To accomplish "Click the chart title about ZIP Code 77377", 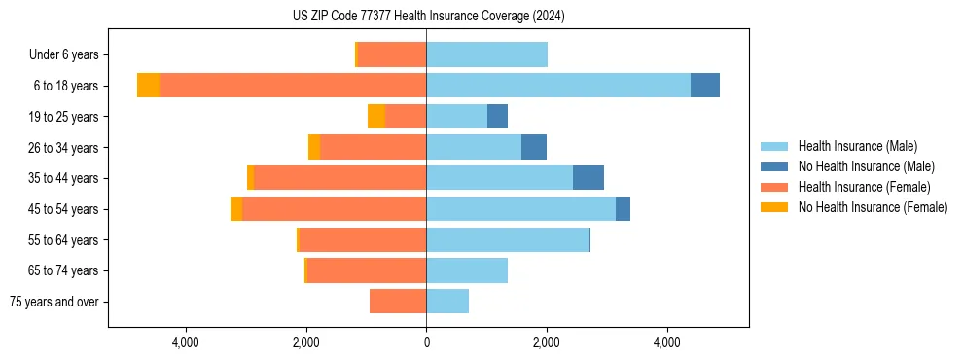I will [x=428, y=17].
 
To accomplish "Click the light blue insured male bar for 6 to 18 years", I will [x=558, y=86].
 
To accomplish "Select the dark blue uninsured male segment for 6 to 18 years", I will [x=705, y=86].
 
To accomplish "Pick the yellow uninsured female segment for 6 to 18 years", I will [x=148, y=86].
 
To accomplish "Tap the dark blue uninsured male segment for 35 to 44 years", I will [x=588, y=178].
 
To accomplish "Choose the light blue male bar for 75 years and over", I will [x=447, y=302].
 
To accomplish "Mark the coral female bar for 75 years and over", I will [x=398, y=302].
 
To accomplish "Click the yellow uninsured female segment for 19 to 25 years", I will [x=376, y=117].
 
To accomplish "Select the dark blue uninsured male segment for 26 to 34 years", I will [x=534, y=147].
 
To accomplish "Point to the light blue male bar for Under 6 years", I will [x=486, y=54].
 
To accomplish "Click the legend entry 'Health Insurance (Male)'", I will [x=857, y=146].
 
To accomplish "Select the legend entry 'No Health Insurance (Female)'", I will [x=873, y=207].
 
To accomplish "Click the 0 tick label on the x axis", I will [x=426, y=342].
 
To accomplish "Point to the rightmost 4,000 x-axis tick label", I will [x=667, y=342].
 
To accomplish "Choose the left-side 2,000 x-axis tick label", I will [x=305, y=342].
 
